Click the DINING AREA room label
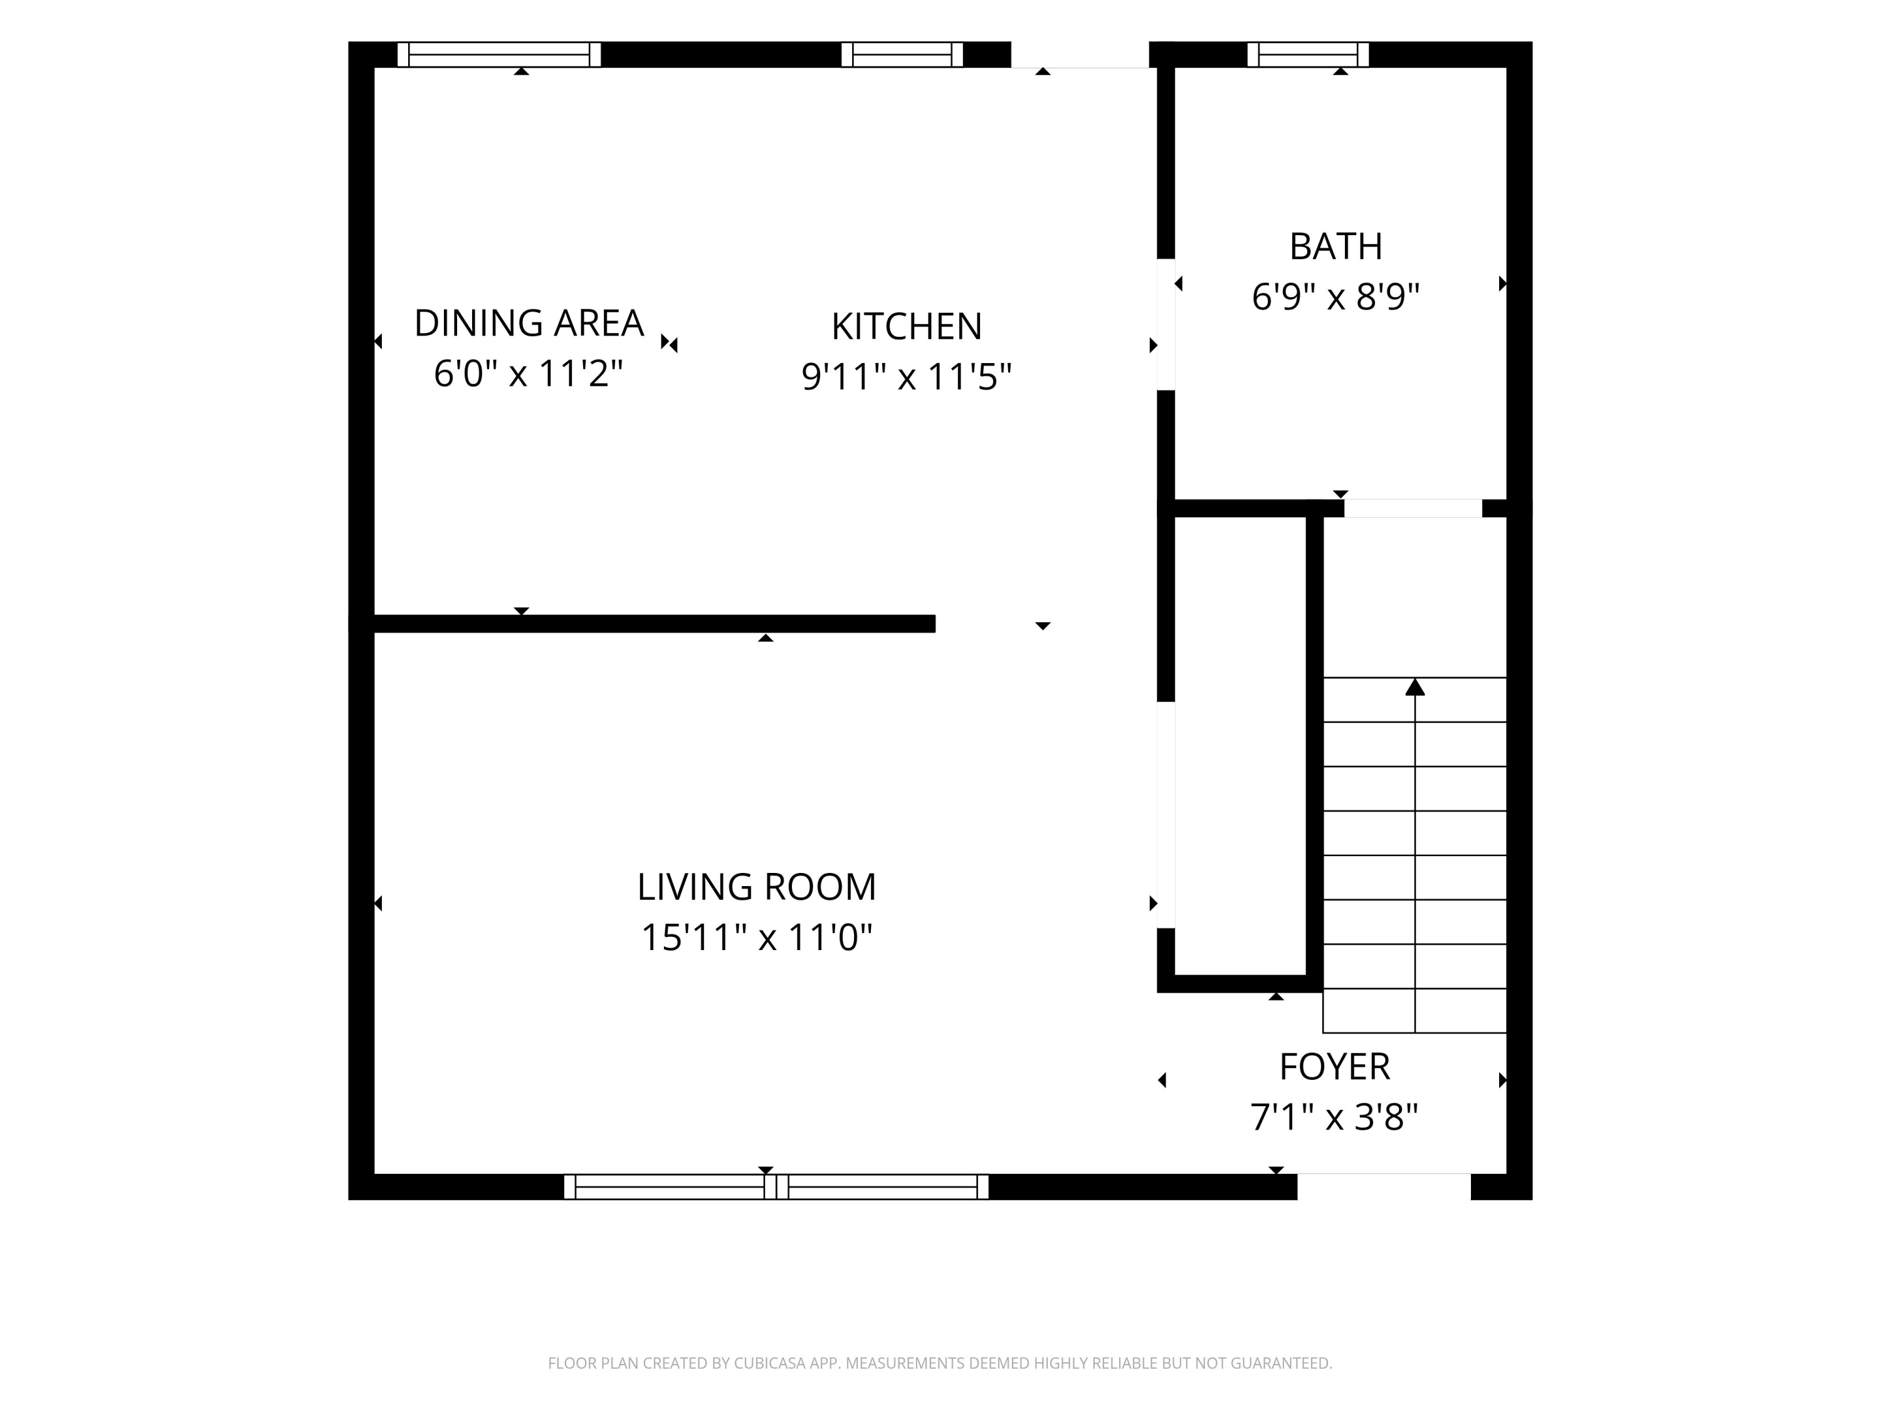[x=529, y=323]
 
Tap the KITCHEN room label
[x=907, y=327]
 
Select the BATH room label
[x=1336, y=246]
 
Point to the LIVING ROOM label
[x=757, y=887]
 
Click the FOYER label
[x=1335, y=1067]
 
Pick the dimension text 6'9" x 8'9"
[x=1336, y=297]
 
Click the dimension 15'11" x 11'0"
[x=757, y=938]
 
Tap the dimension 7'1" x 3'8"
[x=1334, y=1117]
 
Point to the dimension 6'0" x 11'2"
[x=529, y=373]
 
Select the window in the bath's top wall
[x=1308, y=55]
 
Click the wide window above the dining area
[x=499, y=55]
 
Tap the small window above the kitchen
[x=902, y=55]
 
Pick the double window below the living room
[x=776, y=1186]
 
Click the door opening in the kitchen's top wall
[x=1080, y=55]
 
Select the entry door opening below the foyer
[x=1384, y=1186]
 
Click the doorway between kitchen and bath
[x=1166, y=324]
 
